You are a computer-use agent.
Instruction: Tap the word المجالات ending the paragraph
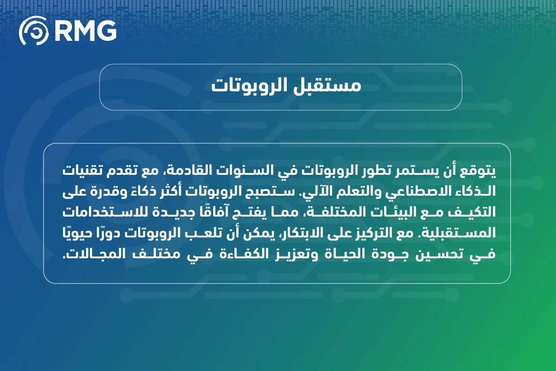(x=88, y=254)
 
